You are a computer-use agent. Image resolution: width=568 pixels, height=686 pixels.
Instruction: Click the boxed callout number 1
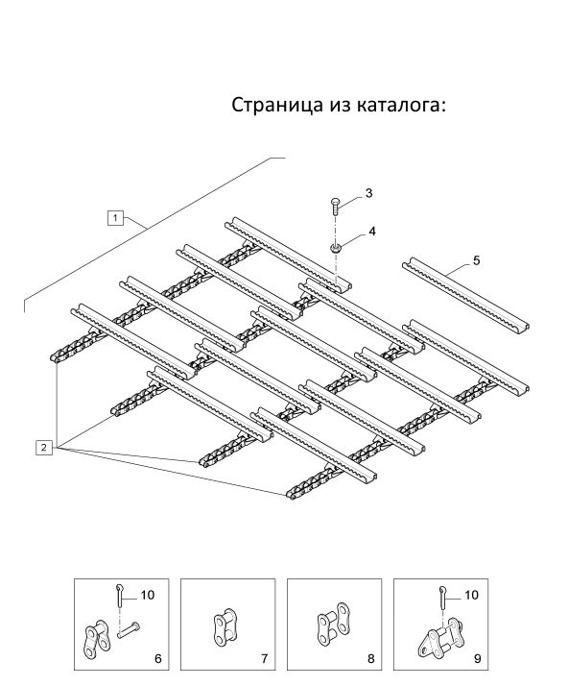click(x=115, y=218)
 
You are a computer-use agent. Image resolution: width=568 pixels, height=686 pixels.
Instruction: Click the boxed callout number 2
click(x=44, y=448)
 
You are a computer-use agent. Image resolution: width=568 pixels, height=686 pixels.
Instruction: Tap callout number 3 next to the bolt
click(x=368, y=193)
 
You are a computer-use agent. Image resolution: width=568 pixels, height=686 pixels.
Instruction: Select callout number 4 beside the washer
click(x=372, y=231)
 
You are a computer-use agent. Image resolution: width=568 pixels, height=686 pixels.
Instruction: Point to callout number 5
click(x=476, y=260)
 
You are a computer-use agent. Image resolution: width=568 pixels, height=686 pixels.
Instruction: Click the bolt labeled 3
click(x=334, y=206)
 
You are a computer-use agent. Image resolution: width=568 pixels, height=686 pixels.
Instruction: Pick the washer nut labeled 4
click(x=336, y=249)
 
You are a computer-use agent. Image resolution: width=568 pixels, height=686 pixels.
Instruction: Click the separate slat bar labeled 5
click(x=465, y=295)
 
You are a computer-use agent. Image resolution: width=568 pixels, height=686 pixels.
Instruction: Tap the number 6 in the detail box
click(x=157, y=658)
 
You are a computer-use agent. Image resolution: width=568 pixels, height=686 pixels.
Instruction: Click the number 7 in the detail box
click(x=265, y=658)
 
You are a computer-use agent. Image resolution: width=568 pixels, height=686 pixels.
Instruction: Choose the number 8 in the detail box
click(x=371, y=658)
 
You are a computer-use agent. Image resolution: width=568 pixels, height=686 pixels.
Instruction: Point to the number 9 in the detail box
click(x=477, y=658)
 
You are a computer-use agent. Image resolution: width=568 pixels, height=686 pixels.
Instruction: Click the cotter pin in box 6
click(x=119, y=595)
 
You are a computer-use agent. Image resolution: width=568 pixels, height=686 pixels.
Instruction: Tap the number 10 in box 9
click(x=470, y=595)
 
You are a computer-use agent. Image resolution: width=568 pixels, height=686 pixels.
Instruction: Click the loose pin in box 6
click(x=129, y=629)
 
